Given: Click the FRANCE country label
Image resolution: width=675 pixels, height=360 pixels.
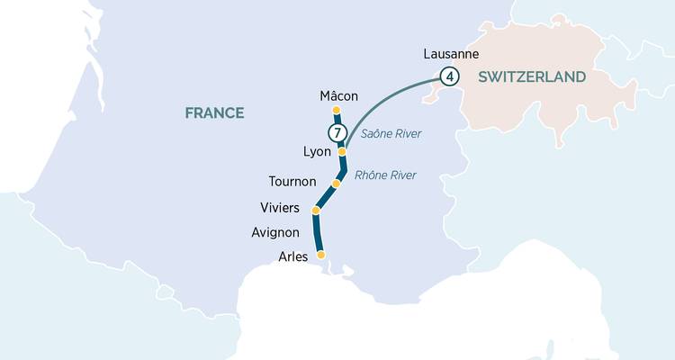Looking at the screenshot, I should pos(214,112).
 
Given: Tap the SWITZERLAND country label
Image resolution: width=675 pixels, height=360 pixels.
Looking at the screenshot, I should pos(532,77).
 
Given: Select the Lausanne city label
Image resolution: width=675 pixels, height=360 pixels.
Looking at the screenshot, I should pos(449,54).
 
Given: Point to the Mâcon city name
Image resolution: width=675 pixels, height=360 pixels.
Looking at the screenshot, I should pos(338,95).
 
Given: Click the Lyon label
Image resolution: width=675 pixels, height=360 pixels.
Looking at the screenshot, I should pos(317,152).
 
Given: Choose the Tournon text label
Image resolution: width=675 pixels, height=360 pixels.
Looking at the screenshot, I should pos(292,182).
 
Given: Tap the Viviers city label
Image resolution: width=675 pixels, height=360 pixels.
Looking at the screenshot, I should pos(279,208).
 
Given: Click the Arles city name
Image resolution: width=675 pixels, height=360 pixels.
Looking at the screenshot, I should pos(293,256).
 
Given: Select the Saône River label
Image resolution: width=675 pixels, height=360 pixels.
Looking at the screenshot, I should pos(391,134).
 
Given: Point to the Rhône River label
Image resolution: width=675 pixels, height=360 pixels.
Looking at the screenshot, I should pos(385,175).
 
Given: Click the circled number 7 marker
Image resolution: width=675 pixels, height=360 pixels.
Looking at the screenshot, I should pos(337,133).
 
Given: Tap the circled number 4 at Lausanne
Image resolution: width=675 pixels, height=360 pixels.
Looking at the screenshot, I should pos(449,76).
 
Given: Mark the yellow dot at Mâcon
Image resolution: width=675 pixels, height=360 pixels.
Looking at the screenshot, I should pos(337,111).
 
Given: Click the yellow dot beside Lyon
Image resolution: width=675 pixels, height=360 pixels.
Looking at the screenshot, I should pos(342,152).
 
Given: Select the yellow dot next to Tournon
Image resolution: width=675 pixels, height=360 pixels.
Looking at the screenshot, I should pos(336,184).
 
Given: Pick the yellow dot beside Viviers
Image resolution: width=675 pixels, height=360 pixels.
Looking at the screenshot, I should pos(316,211).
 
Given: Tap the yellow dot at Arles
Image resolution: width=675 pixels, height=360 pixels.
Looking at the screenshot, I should pos(321,255).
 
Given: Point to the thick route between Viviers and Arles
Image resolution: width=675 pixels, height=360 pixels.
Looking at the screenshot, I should pos(317,234).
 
